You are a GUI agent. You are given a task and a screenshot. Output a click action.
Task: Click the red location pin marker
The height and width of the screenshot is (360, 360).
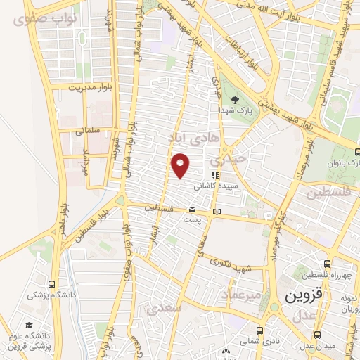(181, 165)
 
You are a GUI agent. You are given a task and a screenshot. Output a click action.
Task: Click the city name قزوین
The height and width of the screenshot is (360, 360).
(304, 296)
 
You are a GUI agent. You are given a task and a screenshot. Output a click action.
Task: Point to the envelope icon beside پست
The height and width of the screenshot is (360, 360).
(192, 210)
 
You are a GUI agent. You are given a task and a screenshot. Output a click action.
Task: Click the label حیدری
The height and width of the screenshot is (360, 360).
(232, 159)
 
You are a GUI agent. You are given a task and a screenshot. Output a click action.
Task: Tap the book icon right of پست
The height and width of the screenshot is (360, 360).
(217, 212)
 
